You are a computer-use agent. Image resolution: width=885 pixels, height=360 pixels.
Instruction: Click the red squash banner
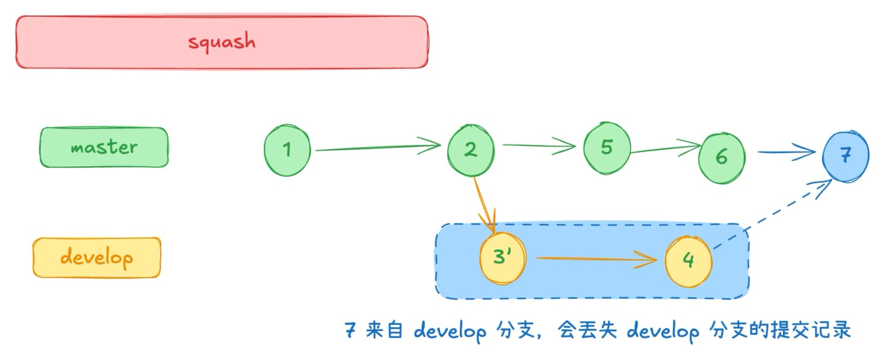222,42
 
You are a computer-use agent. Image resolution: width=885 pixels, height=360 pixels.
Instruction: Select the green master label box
104,147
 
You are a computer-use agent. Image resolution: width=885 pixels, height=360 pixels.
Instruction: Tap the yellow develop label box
96,257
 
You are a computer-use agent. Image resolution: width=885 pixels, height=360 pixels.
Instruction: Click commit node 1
287,150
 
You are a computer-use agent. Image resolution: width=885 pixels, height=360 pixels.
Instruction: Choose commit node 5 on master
606,147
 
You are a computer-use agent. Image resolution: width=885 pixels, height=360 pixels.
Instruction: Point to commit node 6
721,157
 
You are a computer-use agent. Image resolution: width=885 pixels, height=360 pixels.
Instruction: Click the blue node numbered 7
845,156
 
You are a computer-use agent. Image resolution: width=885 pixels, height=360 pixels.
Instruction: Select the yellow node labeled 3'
502,257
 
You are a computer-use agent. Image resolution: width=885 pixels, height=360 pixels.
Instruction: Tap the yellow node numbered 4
688,260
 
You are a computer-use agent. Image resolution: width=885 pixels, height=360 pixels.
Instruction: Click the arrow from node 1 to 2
377,148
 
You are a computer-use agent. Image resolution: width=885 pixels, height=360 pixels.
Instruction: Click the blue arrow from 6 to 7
786,153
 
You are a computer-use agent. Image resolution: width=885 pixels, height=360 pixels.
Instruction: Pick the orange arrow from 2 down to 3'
485,204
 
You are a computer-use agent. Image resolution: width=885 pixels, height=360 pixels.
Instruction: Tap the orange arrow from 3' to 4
596,259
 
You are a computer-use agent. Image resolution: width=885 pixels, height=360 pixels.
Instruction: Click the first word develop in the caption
449,332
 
